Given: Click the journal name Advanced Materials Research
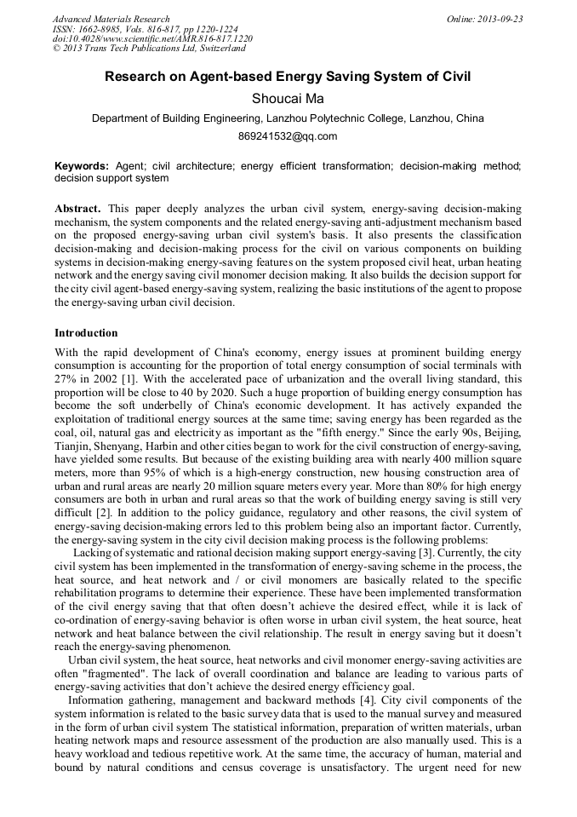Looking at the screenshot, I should (111, 19).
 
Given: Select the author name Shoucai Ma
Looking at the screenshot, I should (288, 99).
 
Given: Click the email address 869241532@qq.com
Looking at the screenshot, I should (288, 136).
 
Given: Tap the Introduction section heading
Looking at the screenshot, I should (86, 333).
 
